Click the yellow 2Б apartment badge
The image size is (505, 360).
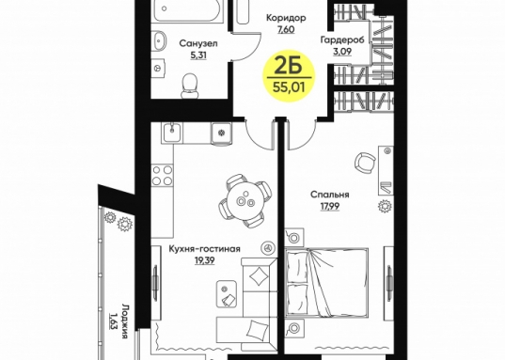[290, 77]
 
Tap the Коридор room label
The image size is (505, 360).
[286, 18]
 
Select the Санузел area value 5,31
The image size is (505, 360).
[198, 55]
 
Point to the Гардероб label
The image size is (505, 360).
[342, 39]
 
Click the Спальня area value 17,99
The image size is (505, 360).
[330, 206]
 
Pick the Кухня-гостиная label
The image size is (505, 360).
[205, 249]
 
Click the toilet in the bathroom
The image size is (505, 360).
[189, 86]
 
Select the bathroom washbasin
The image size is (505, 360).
[159, 40]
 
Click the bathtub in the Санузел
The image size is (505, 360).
[188, 10]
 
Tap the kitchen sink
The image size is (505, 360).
[172, 133]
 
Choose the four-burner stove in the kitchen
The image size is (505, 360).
[162, 175]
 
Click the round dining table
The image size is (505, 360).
[245, 200]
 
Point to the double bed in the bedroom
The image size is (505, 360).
[326, 282]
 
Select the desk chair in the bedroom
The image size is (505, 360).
[365, 163]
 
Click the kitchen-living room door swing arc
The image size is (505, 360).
[257, 136]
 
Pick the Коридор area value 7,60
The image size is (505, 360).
[286, 30]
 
